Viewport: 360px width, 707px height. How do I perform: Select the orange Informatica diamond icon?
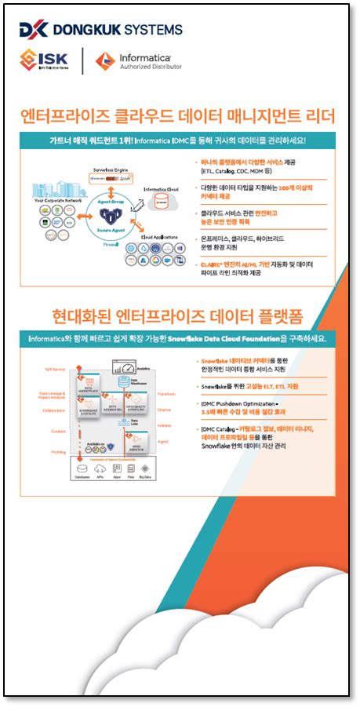105,60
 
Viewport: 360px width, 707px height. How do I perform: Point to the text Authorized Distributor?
150,67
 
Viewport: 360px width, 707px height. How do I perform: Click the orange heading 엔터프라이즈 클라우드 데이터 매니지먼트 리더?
179,118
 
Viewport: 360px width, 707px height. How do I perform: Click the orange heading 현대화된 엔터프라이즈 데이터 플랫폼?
178,317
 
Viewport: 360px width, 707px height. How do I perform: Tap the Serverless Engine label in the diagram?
111,169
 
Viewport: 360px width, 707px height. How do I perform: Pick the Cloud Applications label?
159,236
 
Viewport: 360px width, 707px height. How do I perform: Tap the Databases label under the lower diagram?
81,476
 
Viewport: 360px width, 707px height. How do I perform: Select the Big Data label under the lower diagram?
145,476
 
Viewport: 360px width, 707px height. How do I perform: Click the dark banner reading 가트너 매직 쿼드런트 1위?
178,140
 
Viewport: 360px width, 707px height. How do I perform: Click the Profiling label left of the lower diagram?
58,452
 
